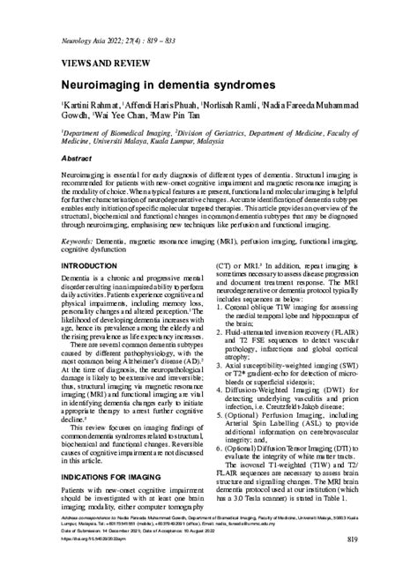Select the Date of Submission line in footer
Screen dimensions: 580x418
coord(97,554)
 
